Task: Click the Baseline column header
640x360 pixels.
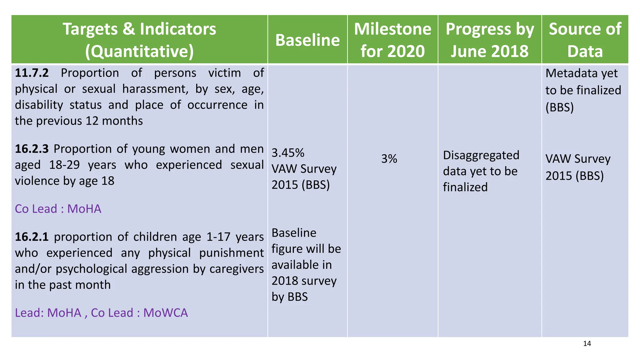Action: click(x=307, y=40)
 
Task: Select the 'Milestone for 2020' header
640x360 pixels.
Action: click(x=392, y=40)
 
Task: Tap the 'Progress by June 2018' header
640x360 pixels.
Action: click(x=489, y=40)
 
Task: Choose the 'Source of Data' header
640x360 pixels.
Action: click(x=585, y=40)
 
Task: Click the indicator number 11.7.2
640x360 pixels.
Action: click(x=32, y=73)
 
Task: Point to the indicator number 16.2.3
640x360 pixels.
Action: click(x=32, y=149)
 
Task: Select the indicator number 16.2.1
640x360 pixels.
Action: click(x=32, y=237)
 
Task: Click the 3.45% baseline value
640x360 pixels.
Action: click(x=288, y=153)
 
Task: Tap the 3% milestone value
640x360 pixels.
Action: click(x=389, y=159)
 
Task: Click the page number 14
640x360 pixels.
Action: click(x=587, y=344)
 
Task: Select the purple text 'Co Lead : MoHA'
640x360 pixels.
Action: click(x=58, y=209)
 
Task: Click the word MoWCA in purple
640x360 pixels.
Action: click(x=166, y=313)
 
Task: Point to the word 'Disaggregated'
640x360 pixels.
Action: click(x=481, y=155)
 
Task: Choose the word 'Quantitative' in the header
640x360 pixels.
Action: click(x=139, y=52)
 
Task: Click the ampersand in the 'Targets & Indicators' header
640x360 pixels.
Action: click(x=128, y=29)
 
